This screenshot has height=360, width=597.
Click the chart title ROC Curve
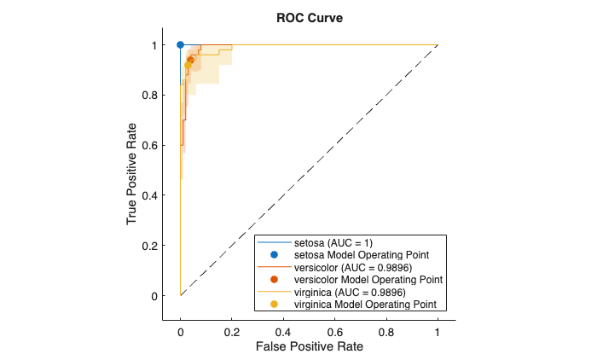[308, 17]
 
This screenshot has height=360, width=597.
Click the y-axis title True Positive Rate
[133, 171]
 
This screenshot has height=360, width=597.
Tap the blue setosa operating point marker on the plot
[180, 44]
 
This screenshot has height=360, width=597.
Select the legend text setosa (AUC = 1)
[329, 243]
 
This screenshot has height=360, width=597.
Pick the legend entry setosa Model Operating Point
[361, 255]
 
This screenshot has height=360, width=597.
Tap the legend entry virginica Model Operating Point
[365, 304]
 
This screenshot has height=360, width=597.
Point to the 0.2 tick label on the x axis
[232, 328]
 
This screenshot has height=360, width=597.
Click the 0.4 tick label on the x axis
[283, 328]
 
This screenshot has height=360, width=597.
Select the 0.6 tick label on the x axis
[334, 328]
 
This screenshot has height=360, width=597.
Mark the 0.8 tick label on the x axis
[386, 328]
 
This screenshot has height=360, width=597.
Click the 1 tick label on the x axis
[438, 328]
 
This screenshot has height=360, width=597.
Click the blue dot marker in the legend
[275, 255]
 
